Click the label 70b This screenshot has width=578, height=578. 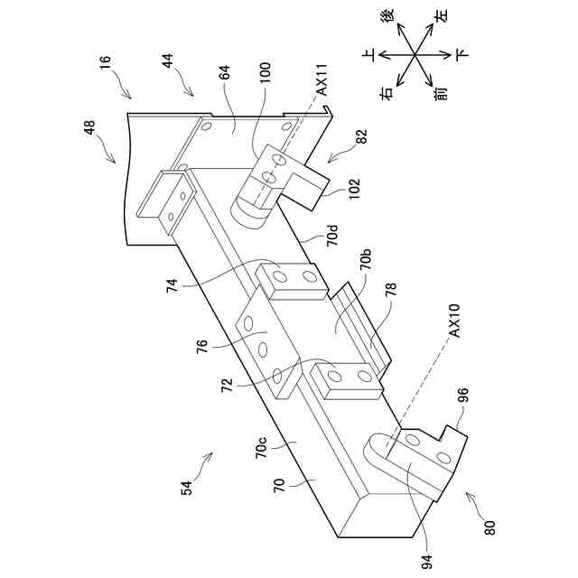pos(366,263)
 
